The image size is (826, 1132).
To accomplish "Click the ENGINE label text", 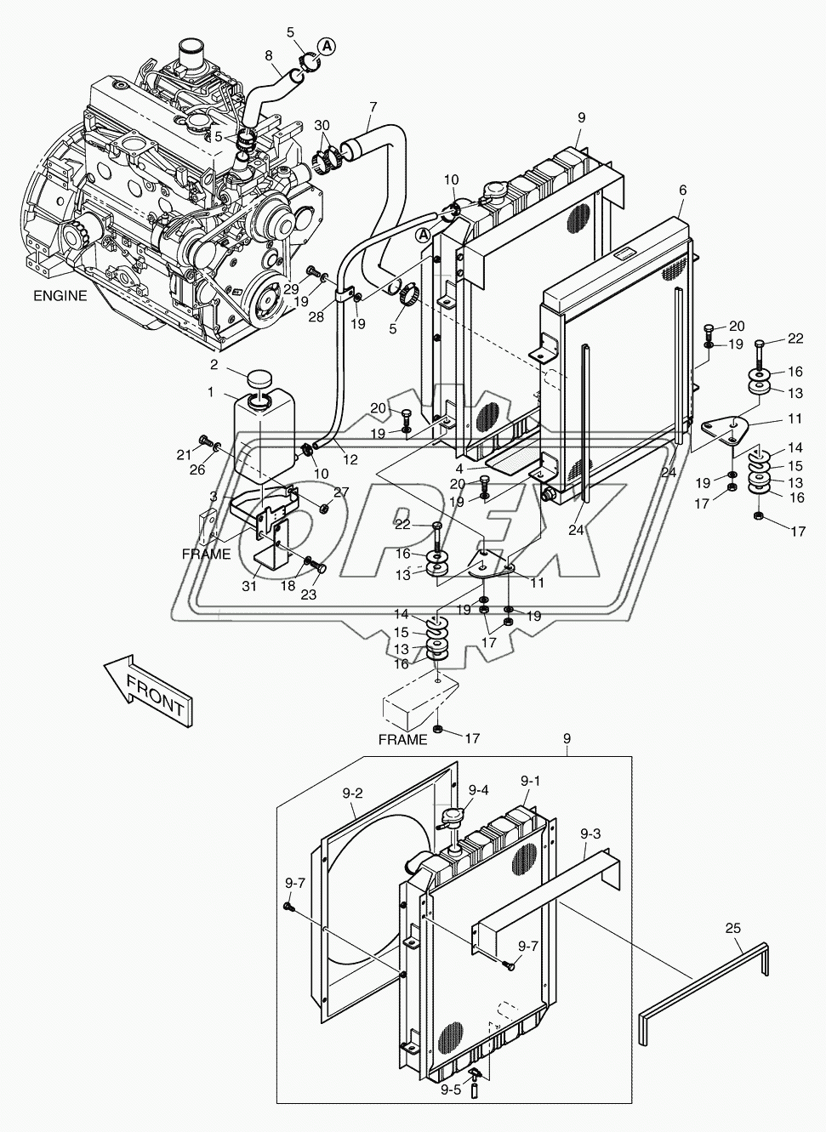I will pos(60,296).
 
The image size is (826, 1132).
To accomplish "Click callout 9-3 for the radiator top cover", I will pos(590,834).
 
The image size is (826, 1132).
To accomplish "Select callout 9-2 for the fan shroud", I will pos(353,794).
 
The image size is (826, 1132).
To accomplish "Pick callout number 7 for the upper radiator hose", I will pos(372,107).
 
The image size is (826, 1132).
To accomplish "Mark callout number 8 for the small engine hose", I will pos(269,57).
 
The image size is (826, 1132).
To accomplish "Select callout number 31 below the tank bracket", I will pos(248,586).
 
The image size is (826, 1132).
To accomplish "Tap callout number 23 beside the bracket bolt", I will pos(308,594).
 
